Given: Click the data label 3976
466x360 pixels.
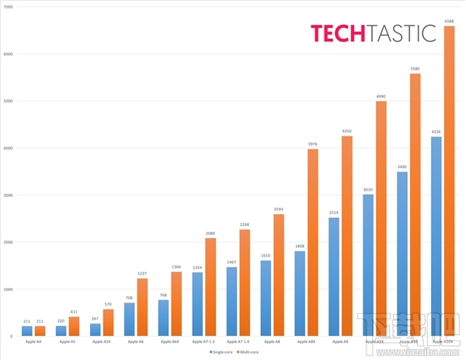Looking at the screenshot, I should (312, 144).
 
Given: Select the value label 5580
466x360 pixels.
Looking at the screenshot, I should (415, 68).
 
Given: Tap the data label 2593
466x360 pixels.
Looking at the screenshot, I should (278, 209).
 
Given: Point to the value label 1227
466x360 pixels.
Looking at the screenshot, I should (141, 273).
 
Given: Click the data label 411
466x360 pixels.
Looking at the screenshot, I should (74, 311).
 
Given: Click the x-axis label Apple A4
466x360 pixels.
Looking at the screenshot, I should (33, 341).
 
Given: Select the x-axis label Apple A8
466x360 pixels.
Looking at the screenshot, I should (272, 341).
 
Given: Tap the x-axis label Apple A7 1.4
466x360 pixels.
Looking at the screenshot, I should (238, 341).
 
